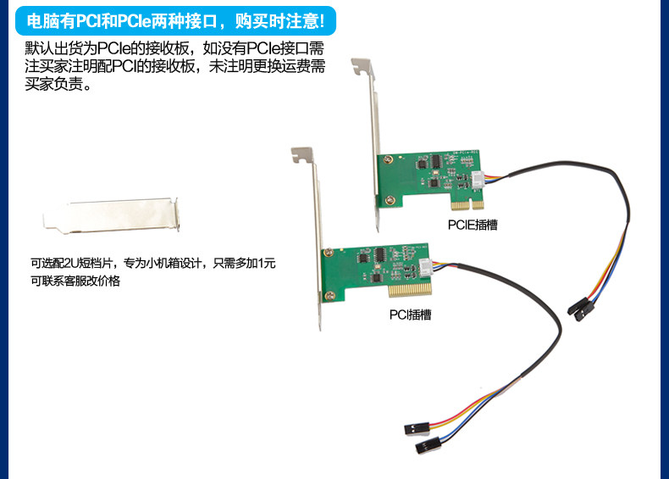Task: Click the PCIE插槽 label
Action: click(473, 225)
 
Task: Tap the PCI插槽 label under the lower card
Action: click(410, 315)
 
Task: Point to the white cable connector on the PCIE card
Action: click(478, 180)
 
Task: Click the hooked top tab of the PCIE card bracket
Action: click(363, 65)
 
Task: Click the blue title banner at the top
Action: click(176, 19)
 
